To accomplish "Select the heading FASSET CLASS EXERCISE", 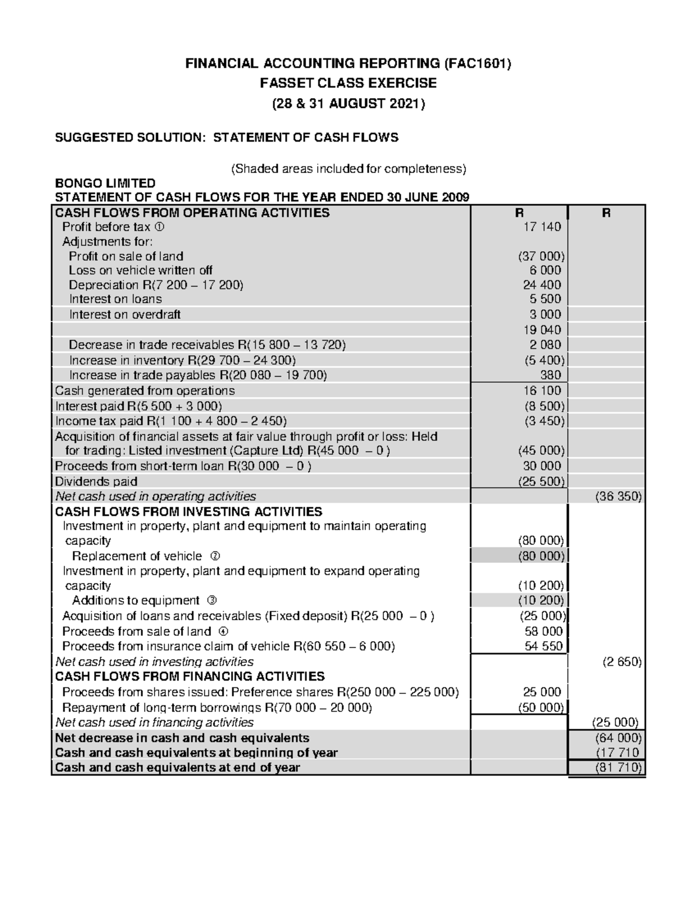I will (x=348, y=83).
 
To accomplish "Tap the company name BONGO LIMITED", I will (x=105, y=183).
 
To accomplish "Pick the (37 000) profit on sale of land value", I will (x=541, y=256).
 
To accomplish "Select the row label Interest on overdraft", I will (x=125, y=314).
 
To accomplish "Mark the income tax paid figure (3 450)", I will (x=541, y=421).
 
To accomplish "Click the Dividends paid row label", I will (x=96, y=482).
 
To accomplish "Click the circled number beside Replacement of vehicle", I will (x=215, y=556).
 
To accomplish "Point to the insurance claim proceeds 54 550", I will (x=544, y=646).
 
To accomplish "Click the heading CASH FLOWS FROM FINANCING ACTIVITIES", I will (x=189, y=676).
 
